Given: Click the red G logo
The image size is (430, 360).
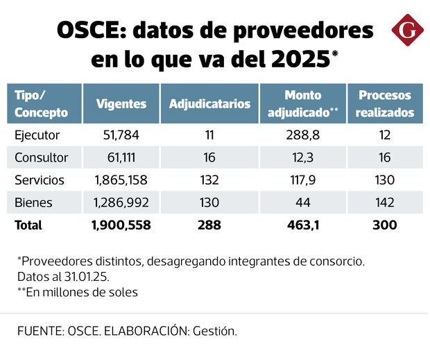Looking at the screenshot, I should (x=407, y=31).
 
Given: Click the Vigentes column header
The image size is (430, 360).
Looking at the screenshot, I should (x=121, y=104).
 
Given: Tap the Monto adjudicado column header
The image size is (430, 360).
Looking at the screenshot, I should (x=302, y=103).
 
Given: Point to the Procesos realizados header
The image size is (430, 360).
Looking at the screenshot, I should (x=385, y=103).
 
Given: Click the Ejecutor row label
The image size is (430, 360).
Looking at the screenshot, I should (x=37, y=135).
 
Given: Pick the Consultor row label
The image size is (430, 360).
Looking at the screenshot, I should (x=42, y=157).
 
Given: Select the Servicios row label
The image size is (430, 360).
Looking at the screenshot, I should (x=40, y=180).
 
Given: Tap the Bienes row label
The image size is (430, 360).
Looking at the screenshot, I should (x=33, y=203).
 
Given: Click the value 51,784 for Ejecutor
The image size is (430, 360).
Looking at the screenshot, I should (x=121, y=135).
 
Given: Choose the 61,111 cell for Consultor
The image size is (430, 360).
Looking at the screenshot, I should (x=121, y=157).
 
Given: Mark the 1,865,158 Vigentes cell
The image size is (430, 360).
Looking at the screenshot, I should (x=121, y=180).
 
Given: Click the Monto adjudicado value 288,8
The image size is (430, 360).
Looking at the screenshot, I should (x=302, y=135).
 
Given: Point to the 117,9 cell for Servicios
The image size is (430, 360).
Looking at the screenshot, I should (x=302, y=180).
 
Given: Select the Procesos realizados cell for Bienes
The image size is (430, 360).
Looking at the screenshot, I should (x=384, y=203).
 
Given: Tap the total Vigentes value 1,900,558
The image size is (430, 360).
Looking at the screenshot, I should (x=121, y=225).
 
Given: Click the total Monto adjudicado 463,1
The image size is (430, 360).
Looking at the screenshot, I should (x=302, y=225).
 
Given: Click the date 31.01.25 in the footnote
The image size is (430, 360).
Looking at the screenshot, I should (x=76, y=277).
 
